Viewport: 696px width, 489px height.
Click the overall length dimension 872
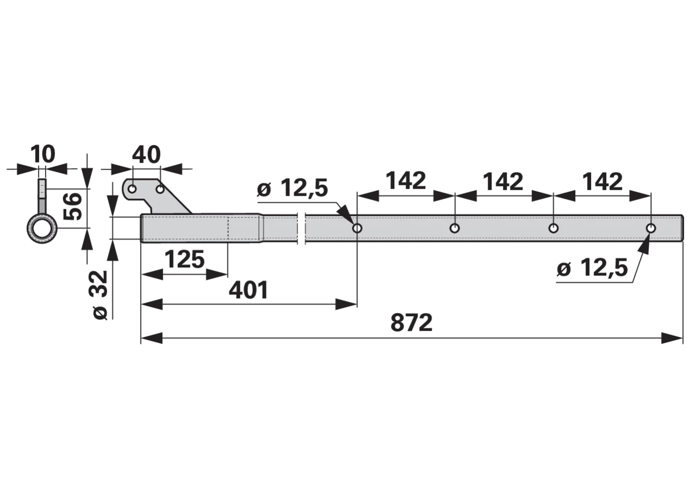(411, 323)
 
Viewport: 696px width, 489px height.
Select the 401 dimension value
(248, 290)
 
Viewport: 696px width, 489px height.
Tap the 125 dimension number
(184, 259)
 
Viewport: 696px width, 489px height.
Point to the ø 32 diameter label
(101, 294)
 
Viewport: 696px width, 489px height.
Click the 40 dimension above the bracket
(146, 154)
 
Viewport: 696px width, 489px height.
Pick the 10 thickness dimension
(43, 154)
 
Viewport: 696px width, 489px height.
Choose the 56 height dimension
(73, 206)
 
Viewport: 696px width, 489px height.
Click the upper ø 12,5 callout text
(293, 188)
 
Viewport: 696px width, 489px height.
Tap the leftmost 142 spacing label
(406, 181)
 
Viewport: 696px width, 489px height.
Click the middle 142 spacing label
(503, 181)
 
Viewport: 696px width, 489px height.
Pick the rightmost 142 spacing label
(602, 181)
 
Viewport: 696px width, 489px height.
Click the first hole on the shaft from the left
(357, 229)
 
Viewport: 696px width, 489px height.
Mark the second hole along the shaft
(455, 229)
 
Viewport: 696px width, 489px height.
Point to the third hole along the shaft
(554, 229)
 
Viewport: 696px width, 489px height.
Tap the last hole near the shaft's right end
(651, 229)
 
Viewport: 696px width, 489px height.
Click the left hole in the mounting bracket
(132, 189)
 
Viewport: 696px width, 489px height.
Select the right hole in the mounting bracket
(160, 189)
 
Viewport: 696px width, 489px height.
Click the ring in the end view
(30, 229)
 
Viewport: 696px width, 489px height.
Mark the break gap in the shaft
(301, 229)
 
